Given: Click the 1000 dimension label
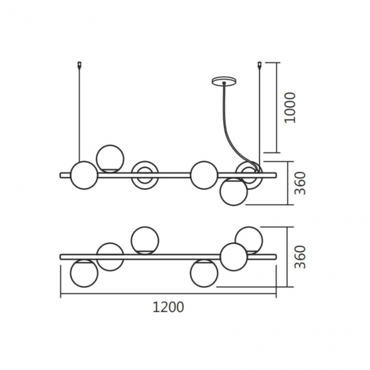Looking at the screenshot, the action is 290,108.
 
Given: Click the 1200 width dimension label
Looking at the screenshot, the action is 168,307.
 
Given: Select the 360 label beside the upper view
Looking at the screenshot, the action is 300,183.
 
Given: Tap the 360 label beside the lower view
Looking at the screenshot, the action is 300,257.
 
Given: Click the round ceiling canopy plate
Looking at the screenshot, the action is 224,81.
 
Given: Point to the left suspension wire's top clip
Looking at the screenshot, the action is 79,64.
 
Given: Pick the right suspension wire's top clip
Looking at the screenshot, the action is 260,64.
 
